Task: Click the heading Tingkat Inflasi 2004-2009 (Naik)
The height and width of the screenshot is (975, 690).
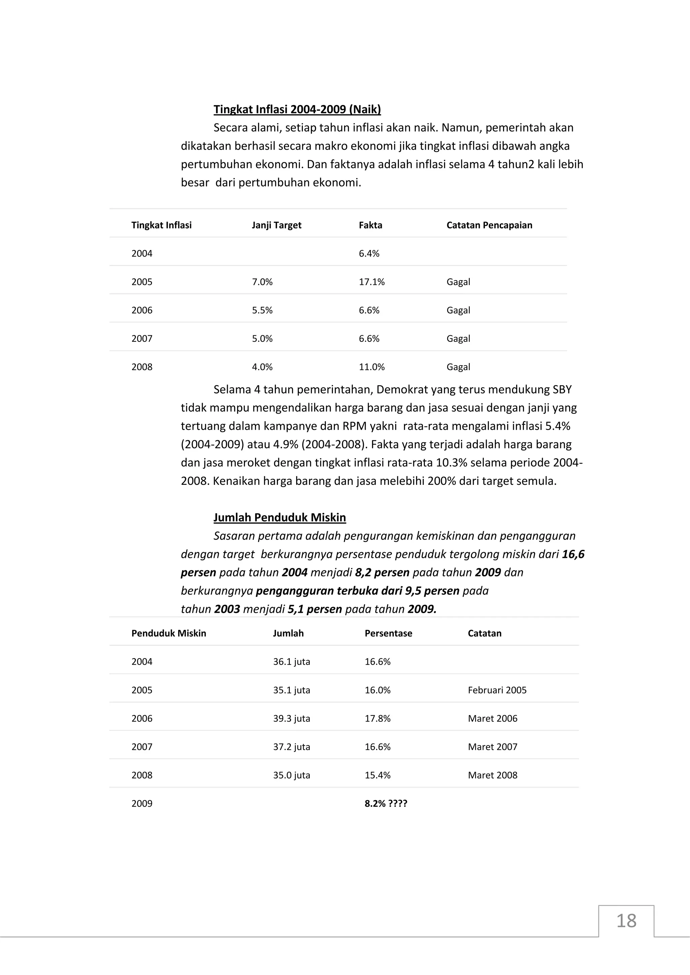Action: [297, 109]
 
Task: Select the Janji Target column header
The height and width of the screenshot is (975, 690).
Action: [276, 225]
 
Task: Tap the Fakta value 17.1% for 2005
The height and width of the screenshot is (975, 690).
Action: [371, 282]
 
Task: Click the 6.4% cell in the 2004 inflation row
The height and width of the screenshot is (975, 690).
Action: [369, 254]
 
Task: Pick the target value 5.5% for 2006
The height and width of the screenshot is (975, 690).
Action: [262, 310]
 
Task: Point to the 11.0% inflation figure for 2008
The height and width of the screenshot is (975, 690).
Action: [371, 367]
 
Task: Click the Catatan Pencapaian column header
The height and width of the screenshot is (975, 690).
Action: [489, 225]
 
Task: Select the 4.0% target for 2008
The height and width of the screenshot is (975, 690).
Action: [262, 367]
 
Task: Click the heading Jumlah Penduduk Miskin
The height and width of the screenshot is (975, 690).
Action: [280, 518]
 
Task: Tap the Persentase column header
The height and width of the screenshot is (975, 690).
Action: [388, 633]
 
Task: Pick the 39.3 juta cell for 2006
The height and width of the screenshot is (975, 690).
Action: [291, 718]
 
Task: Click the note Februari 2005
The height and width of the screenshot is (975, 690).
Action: [497, 690]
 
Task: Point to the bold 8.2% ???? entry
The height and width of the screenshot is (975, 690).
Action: [386, 803]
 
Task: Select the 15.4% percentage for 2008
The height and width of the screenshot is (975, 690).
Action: [377, 775]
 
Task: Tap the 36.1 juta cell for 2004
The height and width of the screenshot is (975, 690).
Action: [291, 662]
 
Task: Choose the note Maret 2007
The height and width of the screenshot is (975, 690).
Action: [493, 746]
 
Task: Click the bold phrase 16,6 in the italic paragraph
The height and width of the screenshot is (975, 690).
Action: [573, 554]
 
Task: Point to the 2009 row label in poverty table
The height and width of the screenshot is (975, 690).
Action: [142, 803]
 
